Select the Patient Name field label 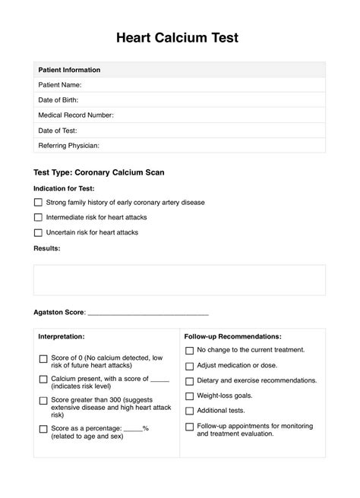click(60, 85)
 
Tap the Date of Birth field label click(58, 99)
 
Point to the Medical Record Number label click(76, 115)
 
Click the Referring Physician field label click(68, 145)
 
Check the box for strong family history click(38, 203)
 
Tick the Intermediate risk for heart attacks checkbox click(38, 218)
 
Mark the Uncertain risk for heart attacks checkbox click(38, 232)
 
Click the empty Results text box click(179, 279)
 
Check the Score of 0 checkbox click(43, 358)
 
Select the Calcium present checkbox click(43, 379)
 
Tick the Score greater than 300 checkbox click(43, 400)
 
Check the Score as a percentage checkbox click(43, 429)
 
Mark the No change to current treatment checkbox click(189, 350)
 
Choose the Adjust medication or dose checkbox click(189, 365)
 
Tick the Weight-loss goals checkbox click(189, 396)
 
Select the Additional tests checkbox click(189, 411)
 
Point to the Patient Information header click(69, 70)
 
